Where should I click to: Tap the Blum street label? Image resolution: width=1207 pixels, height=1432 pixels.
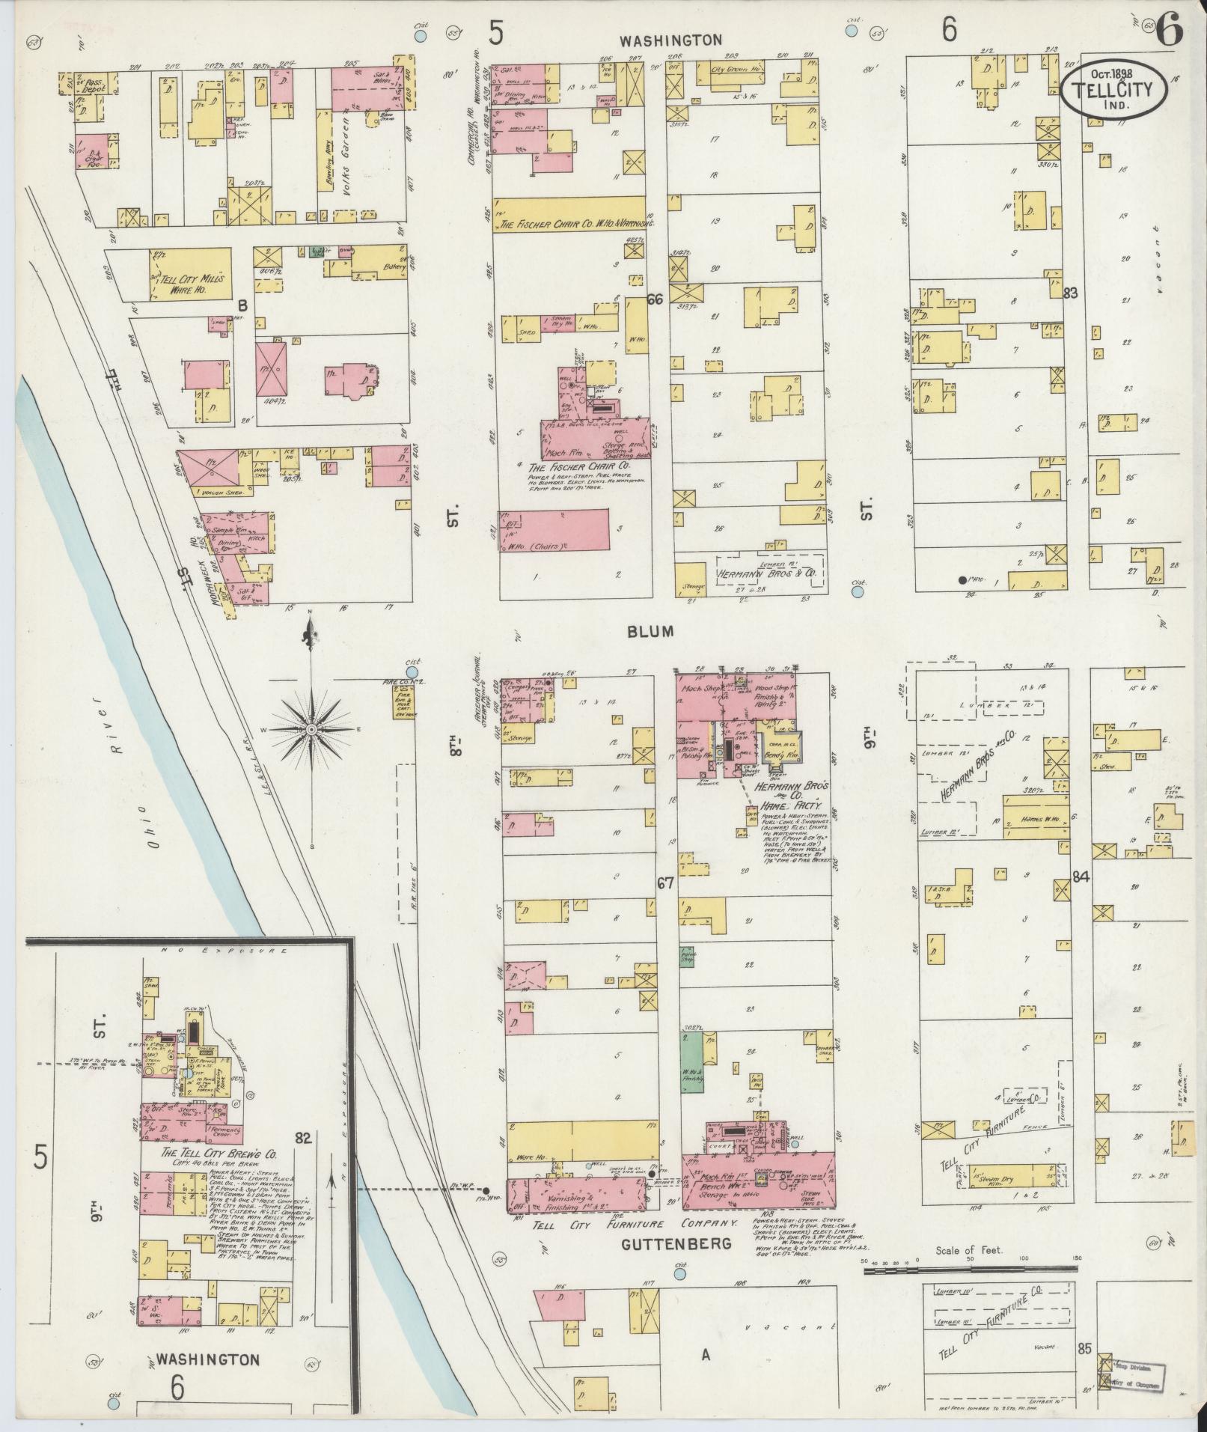[x=650, y=631]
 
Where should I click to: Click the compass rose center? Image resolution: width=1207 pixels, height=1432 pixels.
[x=311, y=728]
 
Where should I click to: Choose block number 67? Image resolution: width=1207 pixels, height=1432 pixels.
[x=665, y=883]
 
